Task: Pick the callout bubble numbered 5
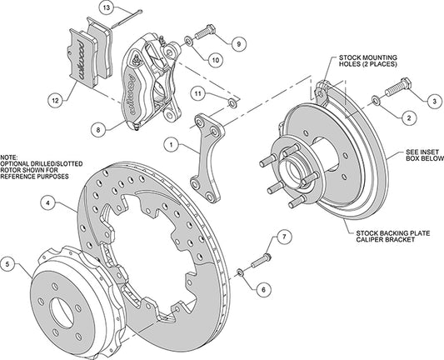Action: [x=9, y=264]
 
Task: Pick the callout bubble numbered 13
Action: [x=106, y=7]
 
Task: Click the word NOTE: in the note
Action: [x=9, y=155]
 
